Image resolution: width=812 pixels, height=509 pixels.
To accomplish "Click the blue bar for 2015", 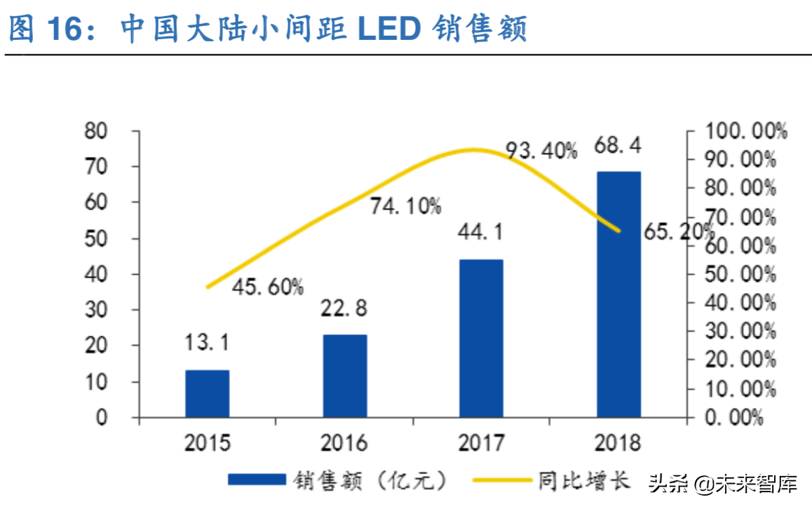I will click(x=207, y=393).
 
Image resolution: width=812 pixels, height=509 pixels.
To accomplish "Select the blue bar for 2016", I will click(x=344, y=376).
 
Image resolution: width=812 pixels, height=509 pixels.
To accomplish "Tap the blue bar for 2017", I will click(x=481, y=339).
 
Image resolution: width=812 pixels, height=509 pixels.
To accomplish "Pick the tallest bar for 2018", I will click(x=618, y=294).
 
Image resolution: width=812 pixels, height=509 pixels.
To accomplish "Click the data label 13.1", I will click(x=207, y=344).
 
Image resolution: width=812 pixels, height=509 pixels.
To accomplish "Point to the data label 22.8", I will click(x=344, y=308).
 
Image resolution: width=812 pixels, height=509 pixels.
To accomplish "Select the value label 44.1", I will click(x=480, y=232).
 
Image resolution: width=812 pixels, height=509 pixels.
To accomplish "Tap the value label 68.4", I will click(x=618, y=145).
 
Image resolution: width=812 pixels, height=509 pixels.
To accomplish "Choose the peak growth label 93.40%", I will click(x=542, y=150).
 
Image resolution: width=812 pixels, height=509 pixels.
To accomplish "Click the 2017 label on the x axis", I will click(x=481, y=442).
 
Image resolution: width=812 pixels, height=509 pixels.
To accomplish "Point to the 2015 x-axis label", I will click(x=207, y=442).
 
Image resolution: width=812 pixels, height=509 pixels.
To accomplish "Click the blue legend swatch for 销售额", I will click(x=257, y=480).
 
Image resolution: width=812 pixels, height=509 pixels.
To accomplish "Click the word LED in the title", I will click(x=388, y=29).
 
